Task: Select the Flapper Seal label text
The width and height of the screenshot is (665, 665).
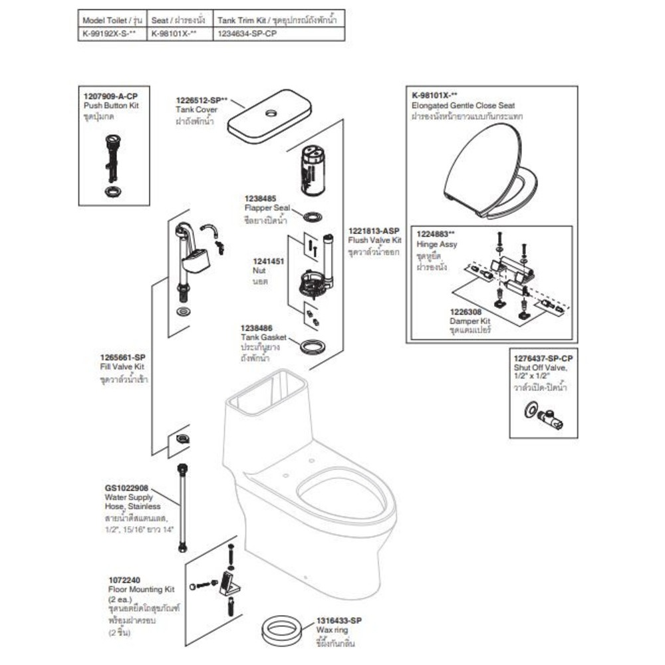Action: pyautogui.click(x=264, y=208)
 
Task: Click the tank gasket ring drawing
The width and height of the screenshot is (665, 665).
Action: pyautogui.click(x=313, y=346)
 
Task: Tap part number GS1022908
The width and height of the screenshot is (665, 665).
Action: pyautogui.click(x=126, y=487)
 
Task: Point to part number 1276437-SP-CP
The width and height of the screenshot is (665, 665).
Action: pyautogui.click(x=543, y=358)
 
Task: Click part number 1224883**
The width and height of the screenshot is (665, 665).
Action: pyautogui.click(x=436, y=234)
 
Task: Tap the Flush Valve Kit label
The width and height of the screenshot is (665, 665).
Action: pyautogui.click(x=374, y=240)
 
